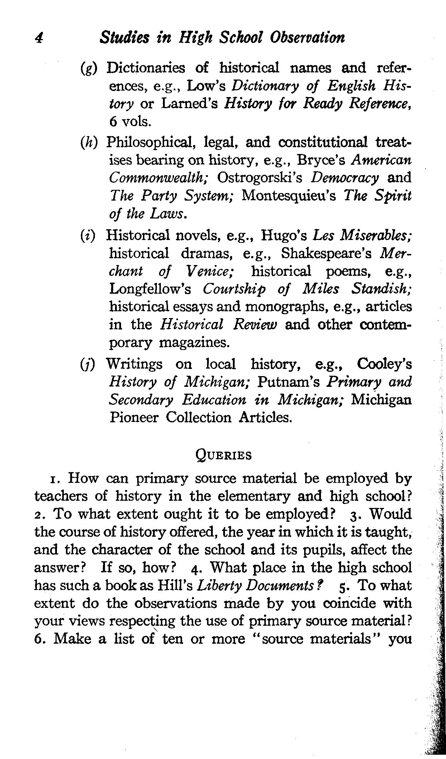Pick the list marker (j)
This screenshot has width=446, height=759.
88,365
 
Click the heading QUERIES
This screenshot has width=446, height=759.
224,455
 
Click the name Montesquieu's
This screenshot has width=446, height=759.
289,196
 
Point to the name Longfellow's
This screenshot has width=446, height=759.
150,289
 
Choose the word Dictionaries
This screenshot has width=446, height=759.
146,68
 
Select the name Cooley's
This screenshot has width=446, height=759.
384,364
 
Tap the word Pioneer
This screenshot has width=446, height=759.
134,418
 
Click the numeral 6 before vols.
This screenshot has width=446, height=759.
113,122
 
